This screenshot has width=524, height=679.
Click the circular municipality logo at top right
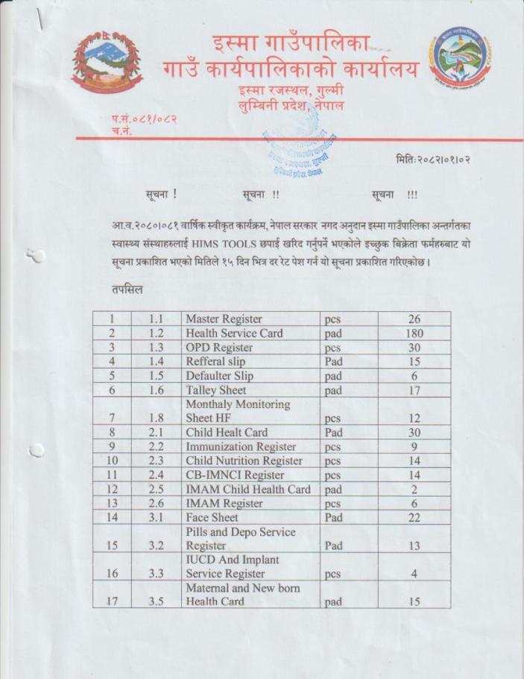(460, 57)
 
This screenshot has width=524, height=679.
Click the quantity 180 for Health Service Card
(414, 334)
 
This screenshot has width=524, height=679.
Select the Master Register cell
(224, 319)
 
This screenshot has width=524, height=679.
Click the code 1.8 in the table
(156, 419)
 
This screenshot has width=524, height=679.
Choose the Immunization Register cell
(241, 447)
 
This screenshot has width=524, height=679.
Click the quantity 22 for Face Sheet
(414, 518)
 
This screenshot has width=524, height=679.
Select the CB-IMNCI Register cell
(235, 475)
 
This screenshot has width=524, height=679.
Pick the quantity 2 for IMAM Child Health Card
(414, 489)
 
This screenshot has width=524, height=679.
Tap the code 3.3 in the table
(156, 574)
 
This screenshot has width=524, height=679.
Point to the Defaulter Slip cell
(220, 376)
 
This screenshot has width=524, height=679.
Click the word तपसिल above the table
(125, 289)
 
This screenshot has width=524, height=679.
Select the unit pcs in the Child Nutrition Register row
(332, 461)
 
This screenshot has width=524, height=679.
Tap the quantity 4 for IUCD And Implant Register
(414, 574)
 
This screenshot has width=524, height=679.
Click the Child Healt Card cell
(227, 433)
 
